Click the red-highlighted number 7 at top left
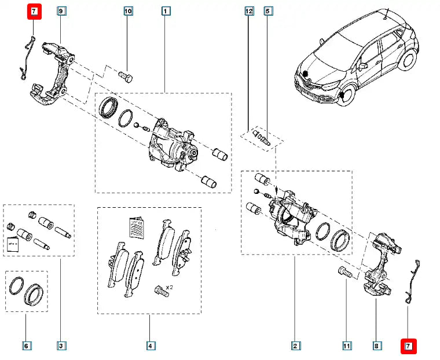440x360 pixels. (34, 11)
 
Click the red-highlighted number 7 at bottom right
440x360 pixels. (408, 347)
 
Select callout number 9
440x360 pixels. (61, 11)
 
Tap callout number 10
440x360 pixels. (128, 11)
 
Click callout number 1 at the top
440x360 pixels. (166, 11)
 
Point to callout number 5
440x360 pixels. (267, 11)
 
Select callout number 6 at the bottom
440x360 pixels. (26, 347)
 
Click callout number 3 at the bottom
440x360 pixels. (61, 347)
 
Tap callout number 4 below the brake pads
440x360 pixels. (149, 347)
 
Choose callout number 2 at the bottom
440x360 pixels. (295, 347)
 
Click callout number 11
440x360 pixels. (346, 347)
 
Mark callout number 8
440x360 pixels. (377, 347)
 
